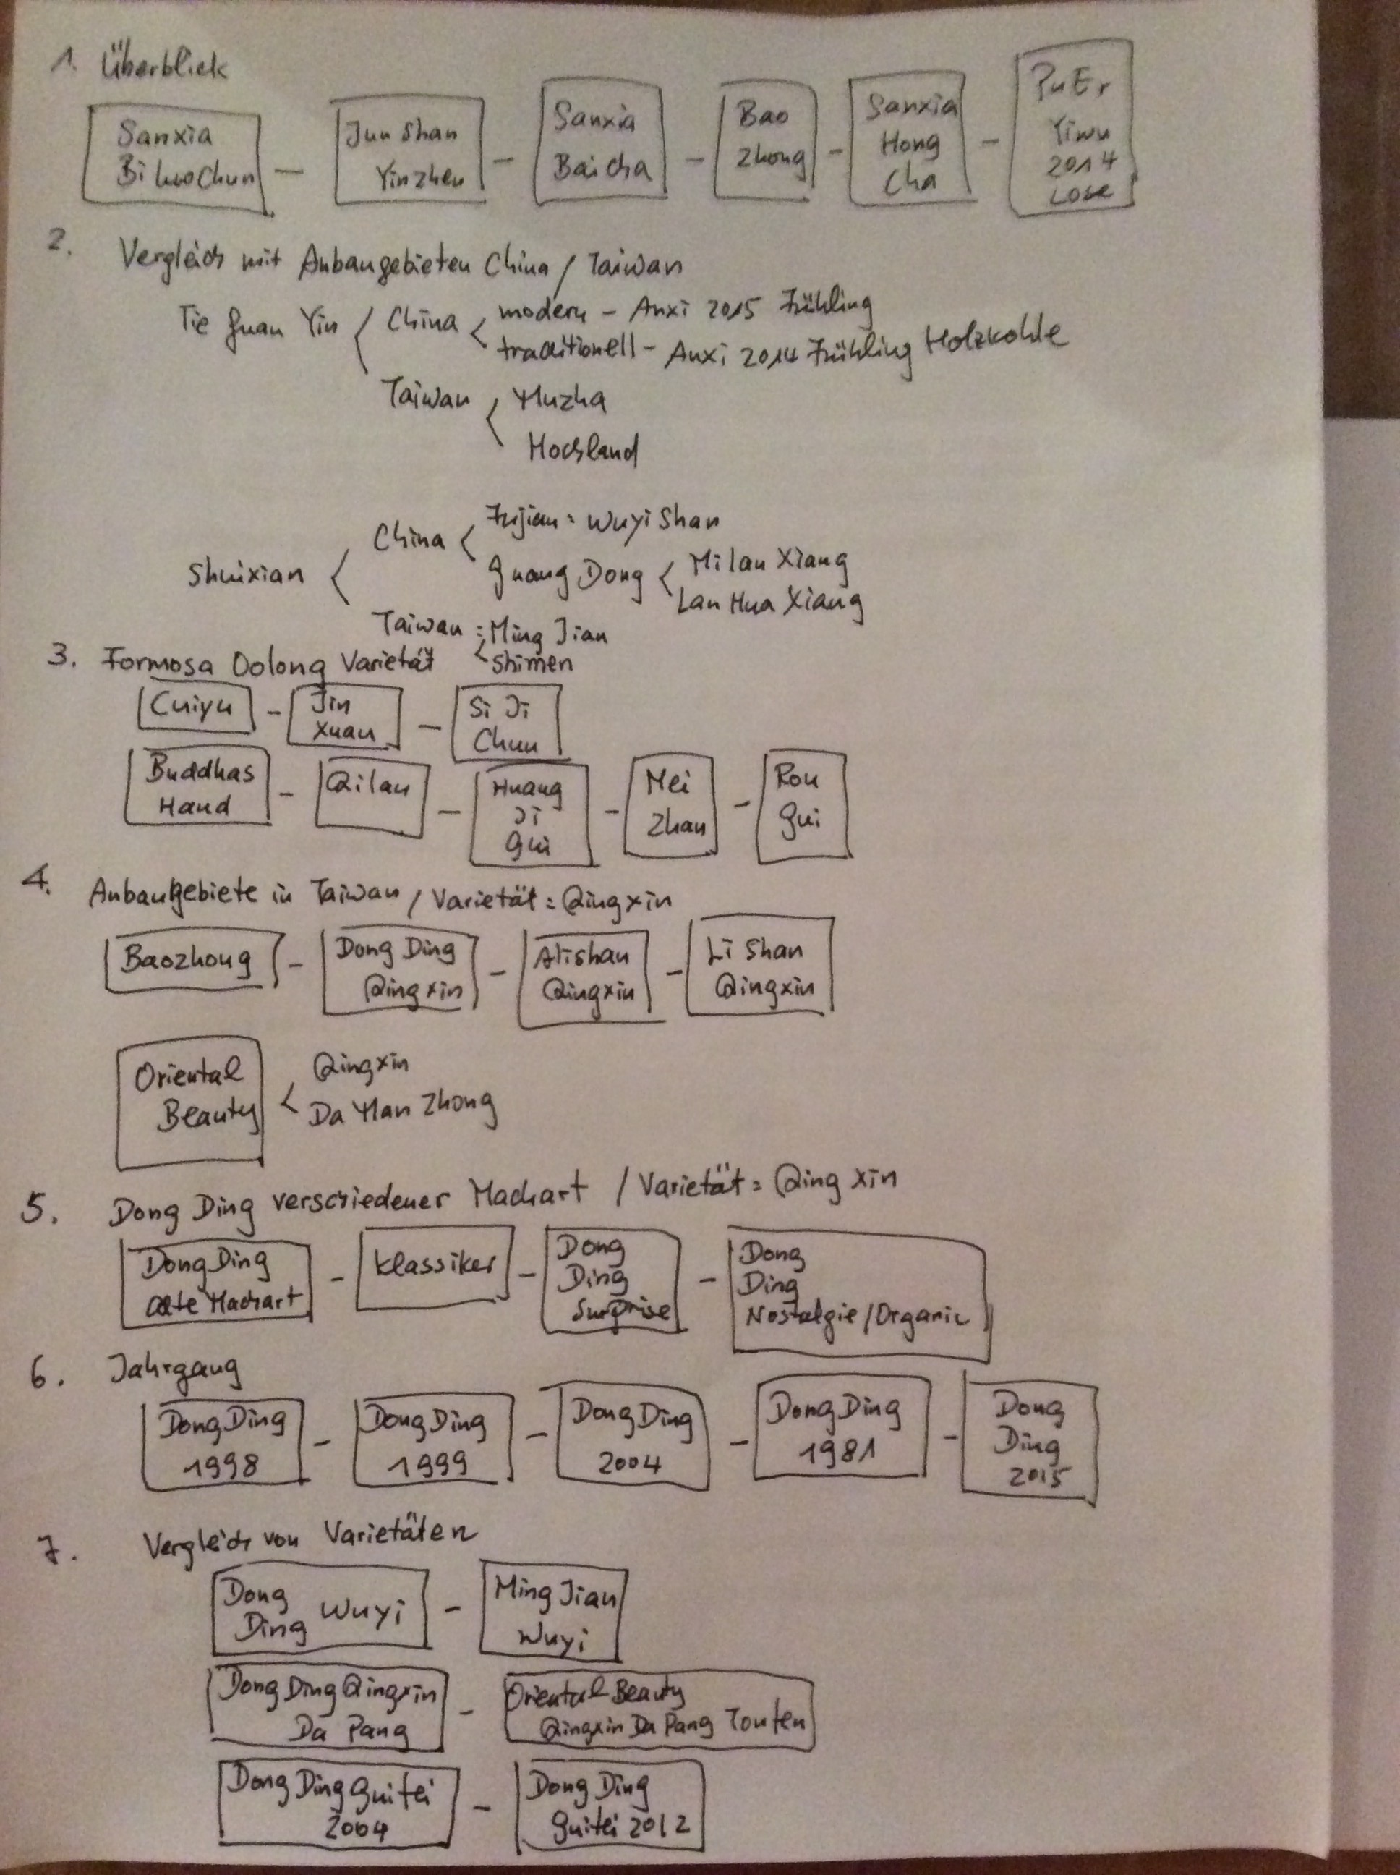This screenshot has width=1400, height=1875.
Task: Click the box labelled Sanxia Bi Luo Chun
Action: point(173,157)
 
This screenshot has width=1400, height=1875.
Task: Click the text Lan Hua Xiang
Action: point(769,603)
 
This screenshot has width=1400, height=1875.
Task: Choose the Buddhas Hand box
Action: point(198,786)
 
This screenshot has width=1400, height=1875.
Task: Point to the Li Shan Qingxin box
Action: point(759,966)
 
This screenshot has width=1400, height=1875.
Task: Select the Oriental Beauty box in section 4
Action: point(189,1104)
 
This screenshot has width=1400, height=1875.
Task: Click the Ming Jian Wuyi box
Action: point(551,1615)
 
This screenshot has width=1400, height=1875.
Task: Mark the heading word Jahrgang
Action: point(174,1371)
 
